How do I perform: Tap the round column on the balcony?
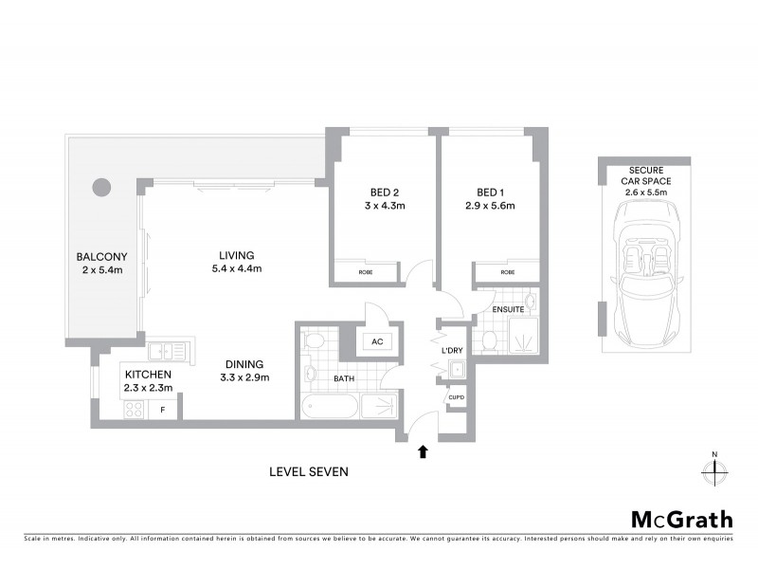[x=101, y=187]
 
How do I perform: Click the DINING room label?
[x=244, y=370]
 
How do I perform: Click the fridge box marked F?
[x=164, y=410]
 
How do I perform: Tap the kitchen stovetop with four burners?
[x=133, y=410]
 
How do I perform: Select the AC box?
[x=376, y=341]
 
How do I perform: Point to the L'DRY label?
[x=451, y=351]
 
